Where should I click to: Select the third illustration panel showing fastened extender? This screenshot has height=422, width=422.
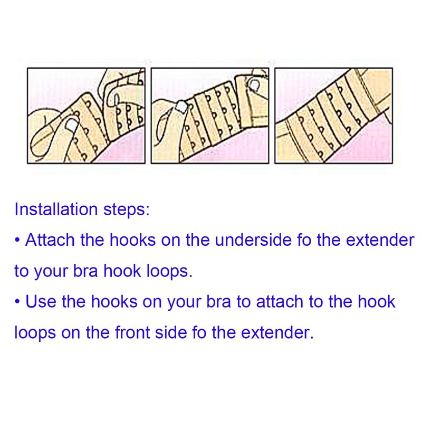pyautogui.click(x=333, y=116)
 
